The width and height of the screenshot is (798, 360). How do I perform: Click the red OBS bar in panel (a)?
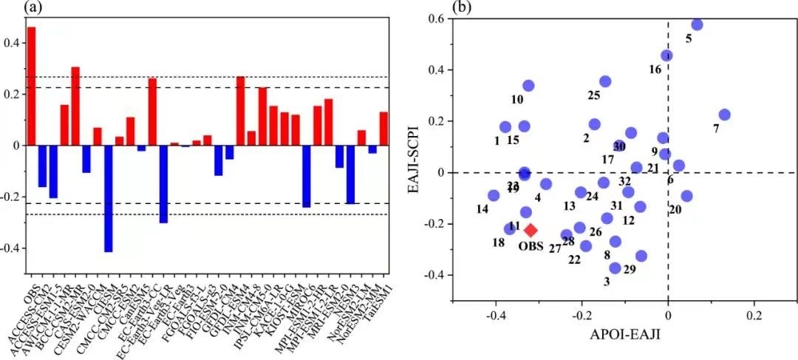[31, 86]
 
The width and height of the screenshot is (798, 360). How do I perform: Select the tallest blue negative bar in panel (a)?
[108, 198]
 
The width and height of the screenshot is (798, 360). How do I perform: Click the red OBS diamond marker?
[531, 231]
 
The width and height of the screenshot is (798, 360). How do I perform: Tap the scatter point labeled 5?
[697, 24]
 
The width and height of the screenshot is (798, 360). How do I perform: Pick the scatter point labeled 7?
[724, 115]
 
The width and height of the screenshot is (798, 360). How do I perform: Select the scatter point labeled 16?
[666, 55]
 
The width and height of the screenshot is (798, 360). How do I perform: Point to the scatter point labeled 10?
[528, 86]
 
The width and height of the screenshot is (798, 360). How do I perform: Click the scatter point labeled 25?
[605, 81]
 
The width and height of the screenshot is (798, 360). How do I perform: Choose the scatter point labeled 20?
[686, 196]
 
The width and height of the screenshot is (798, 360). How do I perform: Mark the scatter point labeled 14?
[493, 195]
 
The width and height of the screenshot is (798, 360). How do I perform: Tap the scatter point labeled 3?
[615, 268]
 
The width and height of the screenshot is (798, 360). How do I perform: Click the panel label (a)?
[11, 7]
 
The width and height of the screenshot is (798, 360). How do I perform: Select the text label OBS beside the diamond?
[531, 245]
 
